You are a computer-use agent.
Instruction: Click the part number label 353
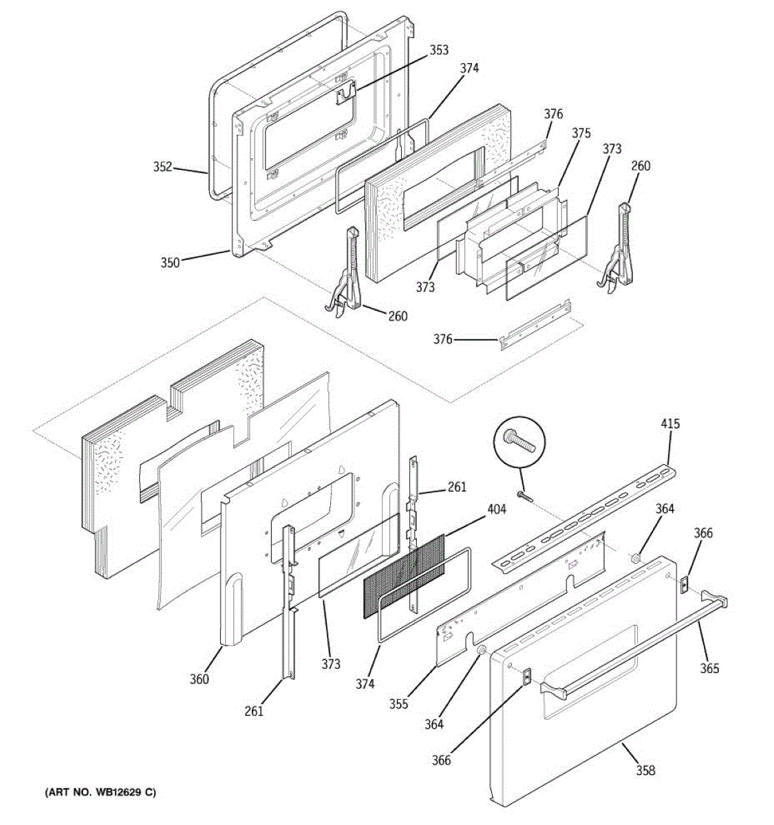point(439,49)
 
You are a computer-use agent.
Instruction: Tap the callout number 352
point(162,167)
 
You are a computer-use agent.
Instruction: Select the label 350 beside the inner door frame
point(170,262)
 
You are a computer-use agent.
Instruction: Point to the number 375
point(581,133)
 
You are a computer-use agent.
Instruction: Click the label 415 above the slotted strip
point(670,423)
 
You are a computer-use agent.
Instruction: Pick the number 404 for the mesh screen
point(496,509)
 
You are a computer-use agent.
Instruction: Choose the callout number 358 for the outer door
point(645,771)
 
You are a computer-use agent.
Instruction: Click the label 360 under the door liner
point(200,679)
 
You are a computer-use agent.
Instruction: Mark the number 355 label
point(398,703)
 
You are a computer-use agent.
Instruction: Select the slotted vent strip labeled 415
point(585,516)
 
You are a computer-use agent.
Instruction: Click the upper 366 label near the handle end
point(703,533)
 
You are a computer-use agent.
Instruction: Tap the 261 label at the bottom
point(254,711)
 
